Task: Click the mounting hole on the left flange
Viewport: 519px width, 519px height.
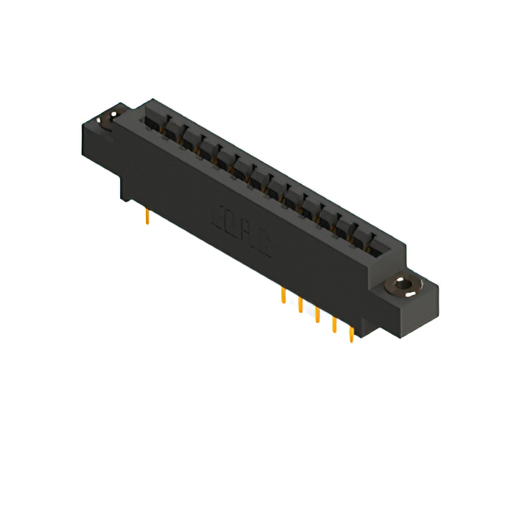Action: coord(103,122)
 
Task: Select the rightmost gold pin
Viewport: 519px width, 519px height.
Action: coord(351,334)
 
